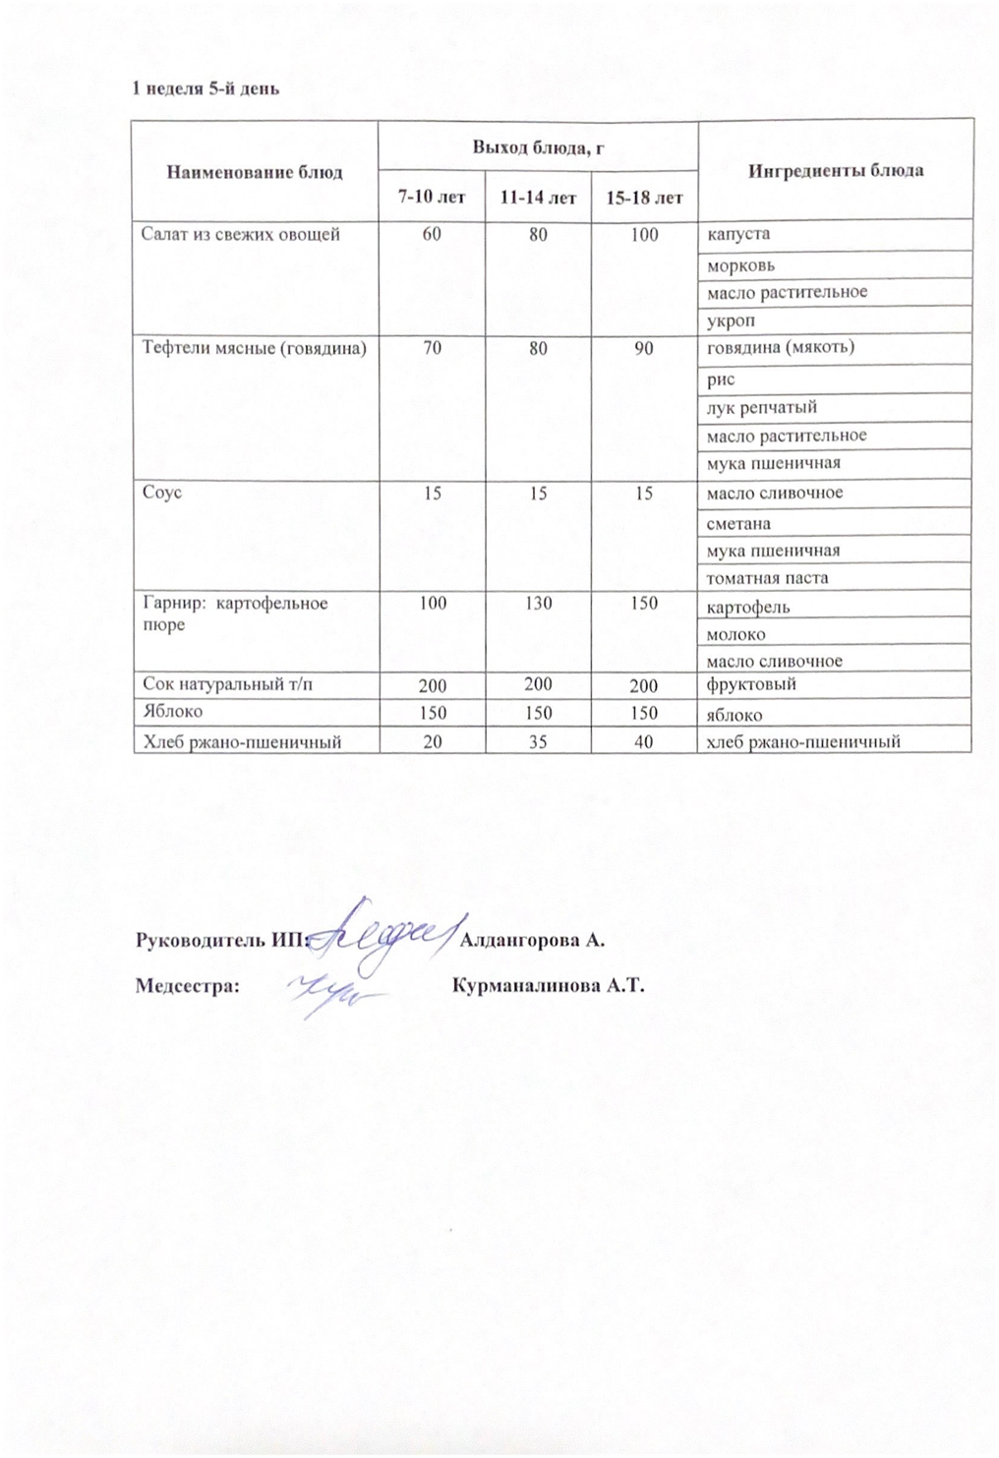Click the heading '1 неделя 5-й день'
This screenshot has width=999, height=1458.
pos(207,88)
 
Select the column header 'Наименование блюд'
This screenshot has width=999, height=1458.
pos(255,172)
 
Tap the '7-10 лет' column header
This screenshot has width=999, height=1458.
pos(431,198)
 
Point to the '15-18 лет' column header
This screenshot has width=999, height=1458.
pos(644,198)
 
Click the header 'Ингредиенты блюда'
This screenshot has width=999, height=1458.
pos(835,170)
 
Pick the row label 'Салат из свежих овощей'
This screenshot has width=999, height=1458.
pos(241,234)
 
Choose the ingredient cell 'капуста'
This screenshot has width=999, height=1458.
pos(738,235)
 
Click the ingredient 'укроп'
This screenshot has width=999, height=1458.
pos(733,321)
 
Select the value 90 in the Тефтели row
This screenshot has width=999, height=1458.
pos(644,348)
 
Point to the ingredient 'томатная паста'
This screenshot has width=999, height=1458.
pos(767,578)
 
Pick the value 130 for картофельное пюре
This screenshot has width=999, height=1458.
pos(538,603)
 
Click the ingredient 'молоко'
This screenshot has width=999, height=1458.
pos(735,634)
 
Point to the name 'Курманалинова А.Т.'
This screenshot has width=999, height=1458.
pos(547,986)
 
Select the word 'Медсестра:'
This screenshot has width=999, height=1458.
pos(188,986)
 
